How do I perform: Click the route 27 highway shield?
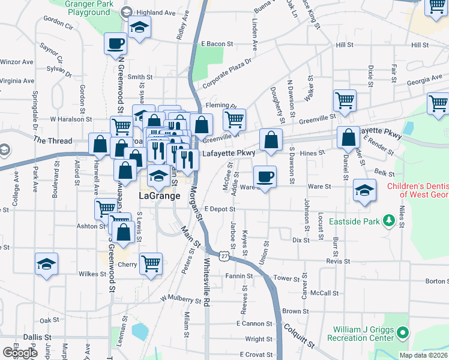coord(223,256)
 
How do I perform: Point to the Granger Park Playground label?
coord(88,7)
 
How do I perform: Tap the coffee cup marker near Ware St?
coord(265,176)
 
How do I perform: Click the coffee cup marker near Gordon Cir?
coord(115,43)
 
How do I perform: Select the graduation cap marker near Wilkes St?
coord(46,263)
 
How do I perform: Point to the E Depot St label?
coord(218,208)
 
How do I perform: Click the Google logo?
coord(20,353)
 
